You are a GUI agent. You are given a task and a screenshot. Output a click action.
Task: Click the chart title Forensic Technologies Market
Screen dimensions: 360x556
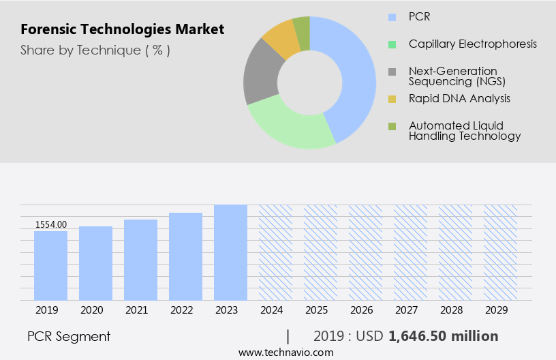[x=122, y=30]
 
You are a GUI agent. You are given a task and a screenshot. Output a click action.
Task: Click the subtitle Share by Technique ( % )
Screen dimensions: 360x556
[x=95, y=50]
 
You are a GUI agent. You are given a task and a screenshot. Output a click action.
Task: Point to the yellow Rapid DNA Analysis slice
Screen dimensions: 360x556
[x=281, y=40]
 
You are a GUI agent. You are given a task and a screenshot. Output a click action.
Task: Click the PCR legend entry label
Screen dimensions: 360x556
[x=419, y=16]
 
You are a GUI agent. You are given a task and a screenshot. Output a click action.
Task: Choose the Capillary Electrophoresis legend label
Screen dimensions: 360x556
[x=472, y=44]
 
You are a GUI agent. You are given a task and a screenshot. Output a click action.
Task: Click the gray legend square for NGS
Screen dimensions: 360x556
[x=392, y=72]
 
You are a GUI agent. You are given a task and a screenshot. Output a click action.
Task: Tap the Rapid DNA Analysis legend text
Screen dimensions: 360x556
[x=459, y=98]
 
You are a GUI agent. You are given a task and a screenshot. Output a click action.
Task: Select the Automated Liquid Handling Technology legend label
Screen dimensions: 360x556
[x=465, y=130]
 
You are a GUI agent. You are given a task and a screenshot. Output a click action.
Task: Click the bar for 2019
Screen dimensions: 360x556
[x=50, y=266]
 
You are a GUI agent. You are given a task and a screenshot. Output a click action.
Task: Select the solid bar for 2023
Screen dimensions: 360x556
[x=230, y=252]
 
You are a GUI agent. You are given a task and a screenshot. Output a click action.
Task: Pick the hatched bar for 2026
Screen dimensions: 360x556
[x=365, y=252]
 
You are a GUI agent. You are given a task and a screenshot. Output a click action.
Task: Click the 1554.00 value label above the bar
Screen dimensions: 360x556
[x=51, y=224]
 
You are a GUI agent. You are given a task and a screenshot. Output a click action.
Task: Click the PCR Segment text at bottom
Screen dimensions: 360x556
[x=69, y=336]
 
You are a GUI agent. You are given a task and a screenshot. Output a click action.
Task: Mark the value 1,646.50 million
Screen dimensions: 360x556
[x=443, y=336]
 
